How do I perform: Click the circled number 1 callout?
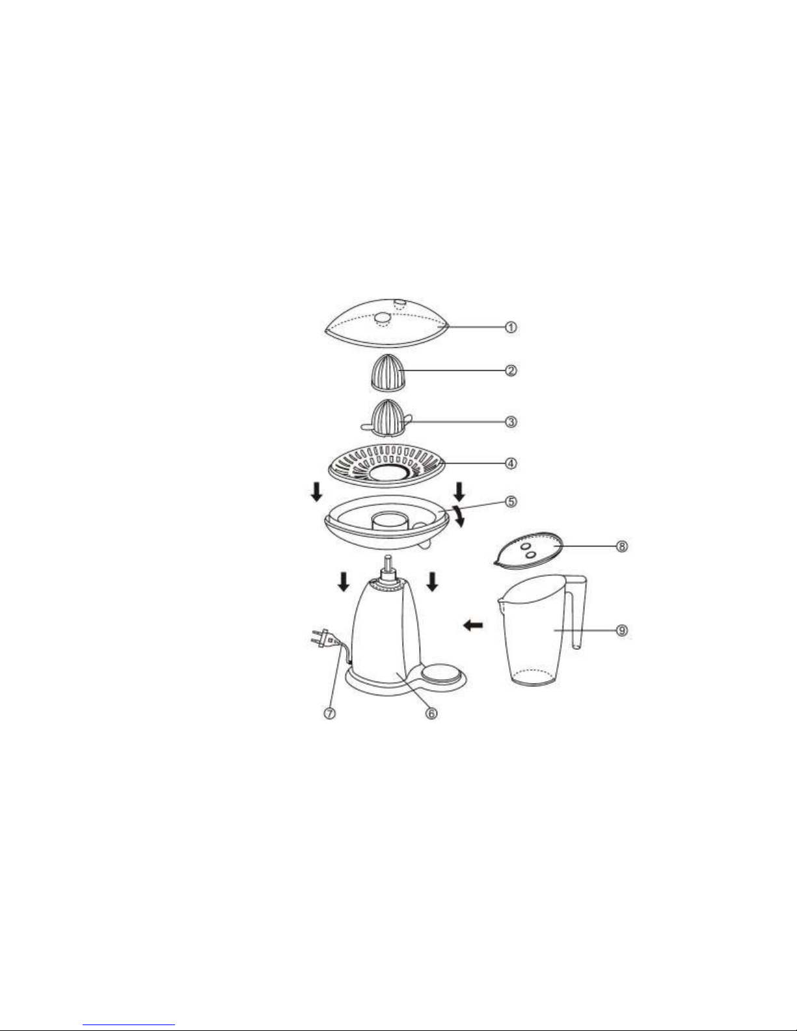pyautogui.click(x=511, y=327)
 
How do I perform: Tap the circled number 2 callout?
pyautogui.click(x=511, y=371)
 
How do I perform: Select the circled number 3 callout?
pyautogui.click(x=511, y=422)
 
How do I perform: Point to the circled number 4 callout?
pyautogui.click(x=511, y=464)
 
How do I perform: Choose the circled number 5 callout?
pyautogui.click(x=511, y=502)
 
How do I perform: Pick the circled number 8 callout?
pyautogui.click(x=622, y=546)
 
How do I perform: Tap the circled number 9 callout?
pyautogui.click(x=622, y=630)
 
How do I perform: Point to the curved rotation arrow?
pyautogui.click(x=458, y=516)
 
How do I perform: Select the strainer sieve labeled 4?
pyautogui.click(x=386, y=466)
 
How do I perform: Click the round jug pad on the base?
pyautogui.click(x=440, y=673)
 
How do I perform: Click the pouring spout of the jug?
pyautogui.click(x=500, y=604)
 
